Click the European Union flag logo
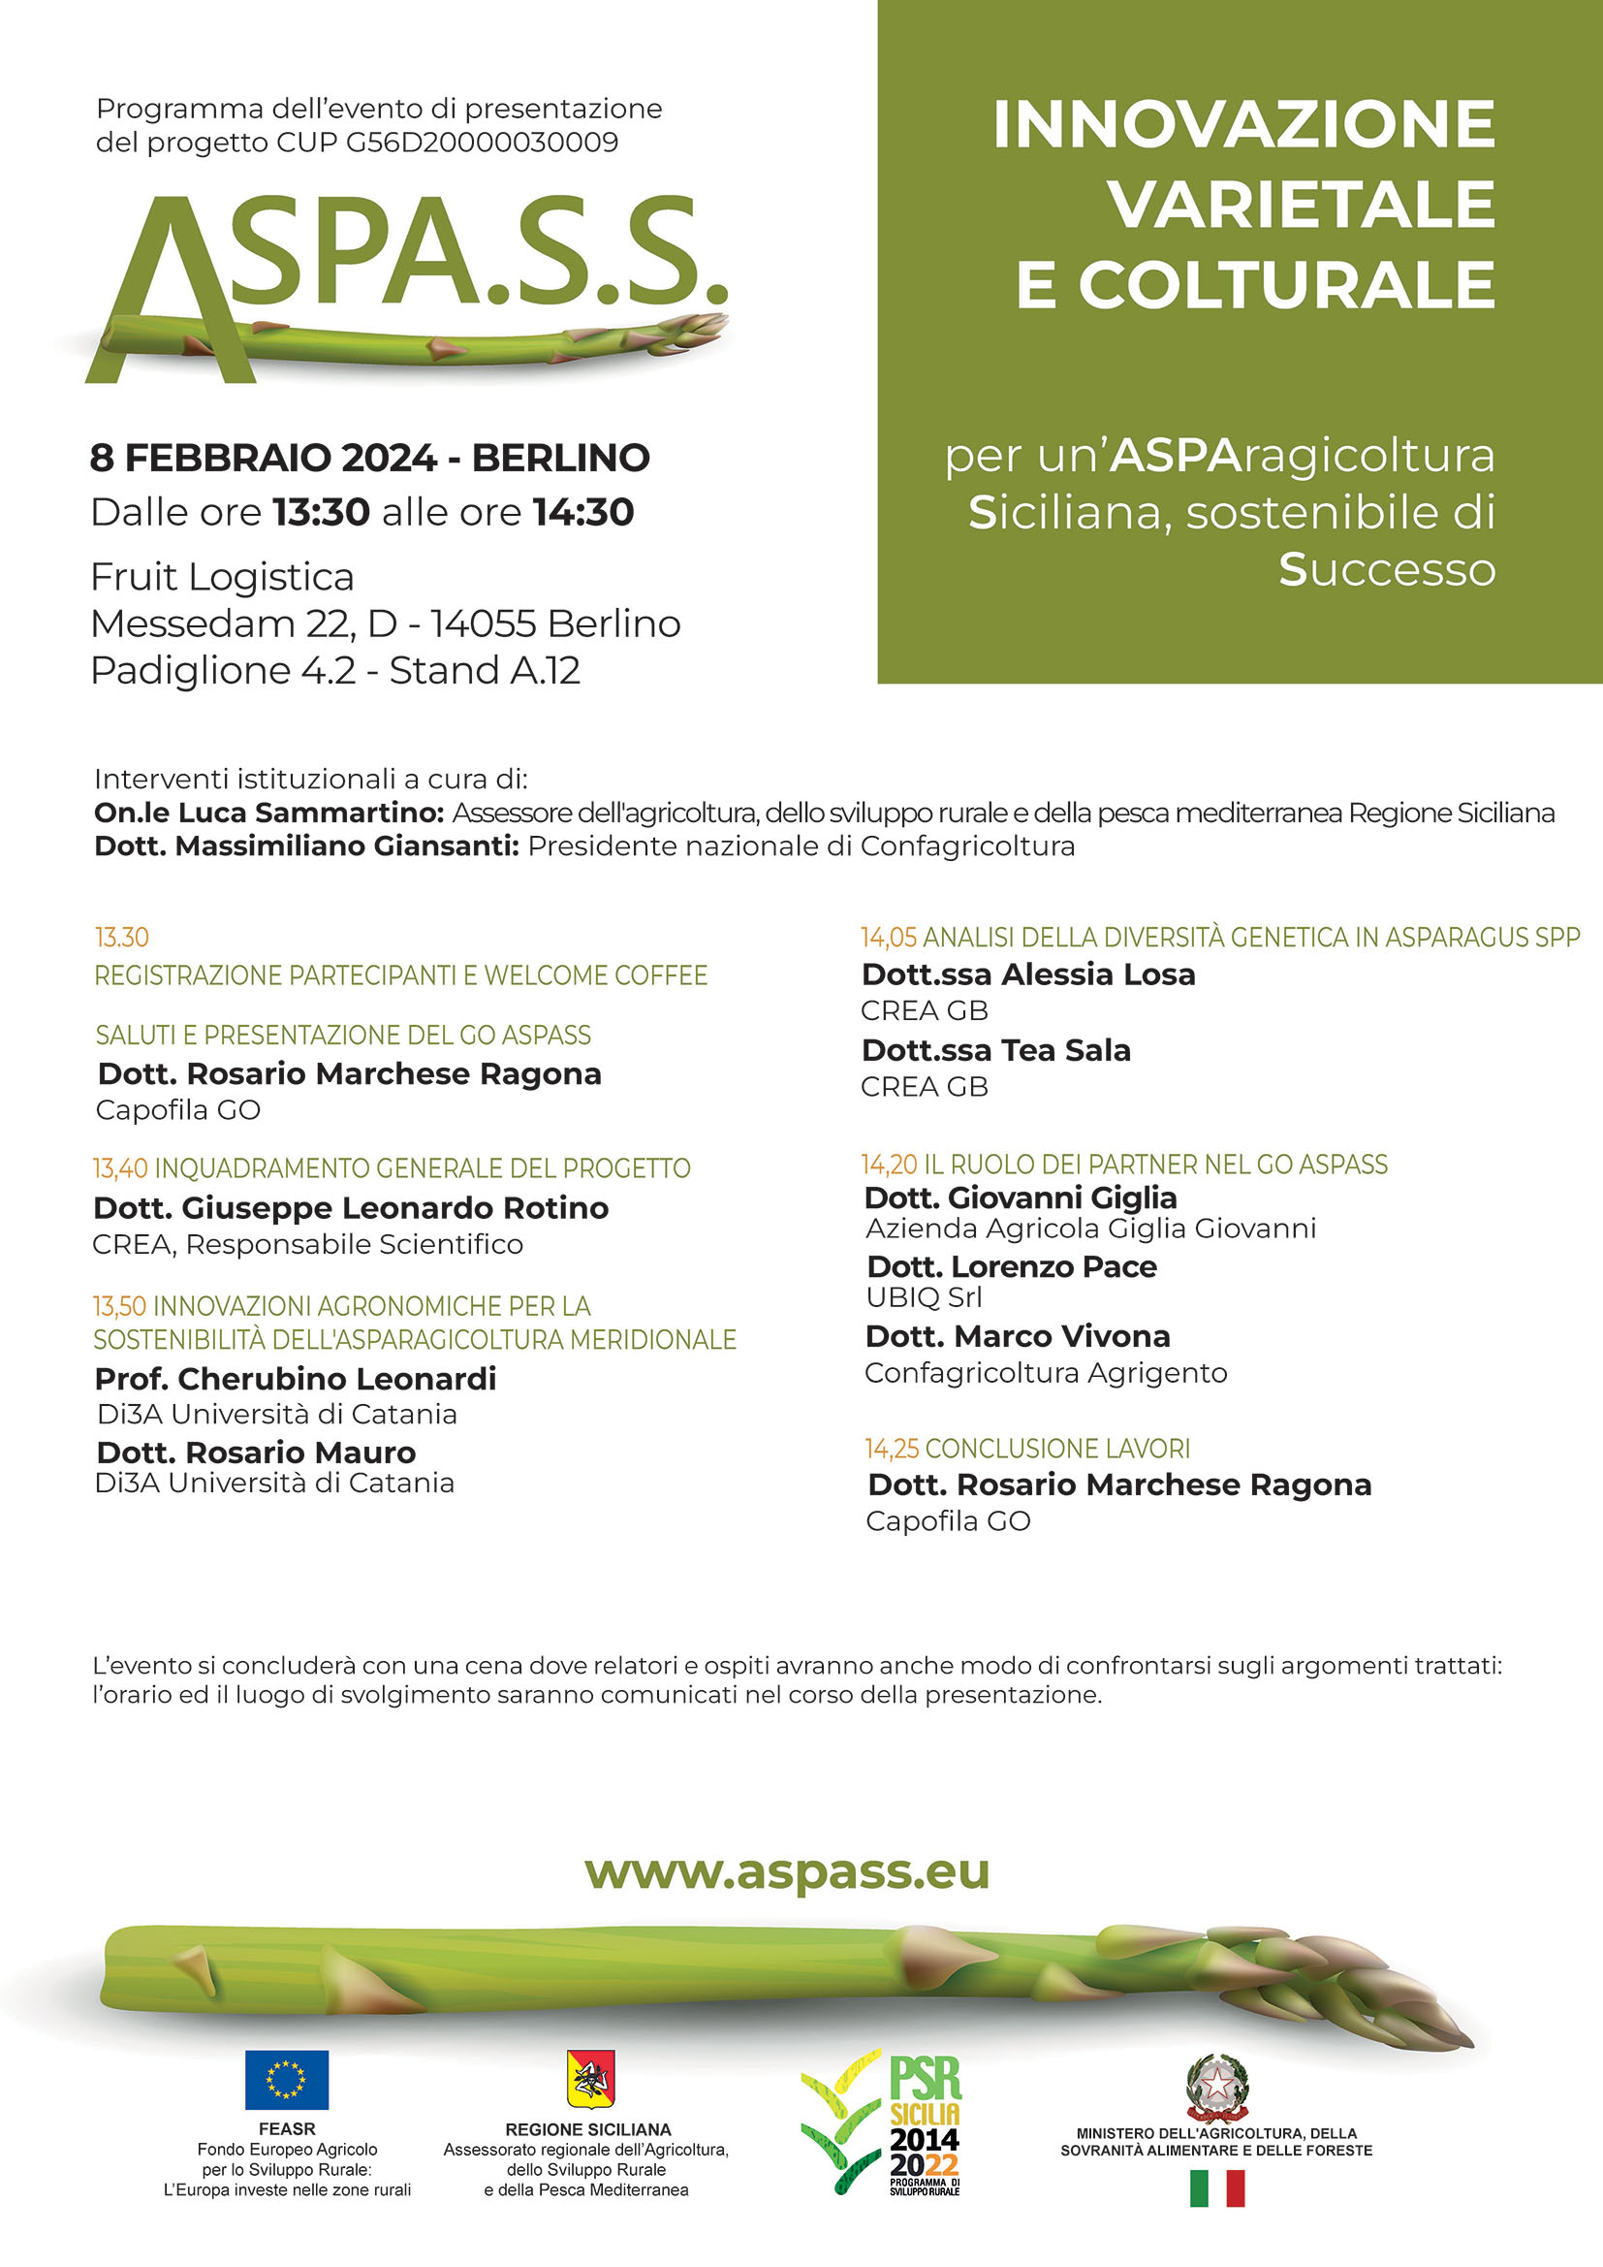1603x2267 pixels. point(286,2079)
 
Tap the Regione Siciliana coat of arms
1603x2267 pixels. point(589,2076)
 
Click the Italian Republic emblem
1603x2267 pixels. point(1216,2088)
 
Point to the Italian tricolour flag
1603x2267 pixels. point(1216,2188)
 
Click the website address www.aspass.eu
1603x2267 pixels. point(787,1871)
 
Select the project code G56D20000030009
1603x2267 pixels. point(482,144)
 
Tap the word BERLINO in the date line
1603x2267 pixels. point(560,458)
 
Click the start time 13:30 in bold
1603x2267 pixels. point(321,512)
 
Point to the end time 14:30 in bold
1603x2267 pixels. point(583,512)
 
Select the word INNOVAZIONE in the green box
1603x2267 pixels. point(1243,124)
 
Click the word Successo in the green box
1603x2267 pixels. point(1387,570)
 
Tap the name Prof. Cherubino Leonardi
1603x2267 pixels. point(296,1379)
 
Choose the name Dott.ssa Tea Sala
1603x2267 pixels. point(996,1049)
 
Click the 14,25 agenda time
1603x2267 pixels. point(892,1449)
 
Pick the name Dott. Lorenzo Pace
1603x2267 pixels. point(1012,1266)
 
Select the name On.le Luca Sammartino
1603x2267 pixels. point(268,813)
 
